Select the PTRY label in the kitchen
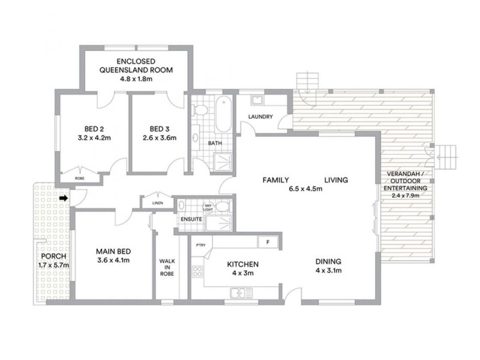(200, 244)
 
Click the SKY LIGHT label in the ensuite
(209, 208)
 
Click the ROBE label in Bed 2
(79, 178)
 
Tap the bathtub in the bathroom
(222, 115)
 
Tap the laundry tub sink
(257, 99)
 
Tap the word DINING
(329, 262)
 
